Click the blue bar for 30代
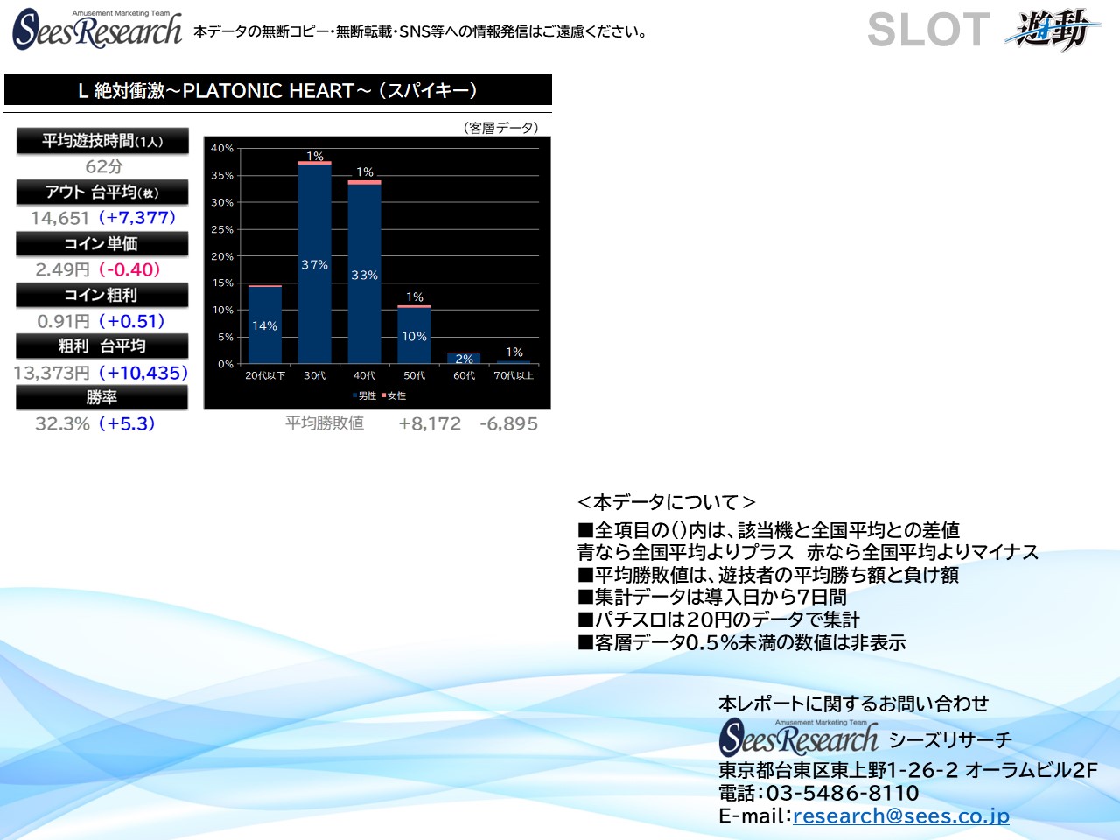coord(314,264)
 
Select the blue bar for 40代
coord(364,274)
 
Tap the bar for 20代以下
coord(265,325)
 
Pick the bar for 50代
coord(414,334)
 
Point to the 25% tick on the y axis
coord(222,229)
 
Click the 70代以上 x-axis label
coord(514,376)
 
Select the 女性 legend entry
coord(394,395)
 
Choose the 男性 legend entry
coord(364,395)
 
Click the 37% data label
coord(314,265)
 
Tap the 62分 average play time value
coord(104,166)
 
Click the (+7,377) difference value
coord(137,218)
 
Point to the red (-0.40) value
coord(129,269)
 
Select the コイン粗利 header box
coord(102,295)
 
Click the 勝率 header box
coord(102,397)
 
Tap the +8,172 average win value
coord(429,423)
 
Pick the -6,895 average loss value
coord(508,423)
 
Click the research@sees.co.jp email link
coord(900,816)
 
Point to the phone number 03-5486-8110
coord(843,793)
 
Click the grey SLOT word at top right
coord(928,30)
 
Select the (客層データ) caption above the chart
coord(500,128)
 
